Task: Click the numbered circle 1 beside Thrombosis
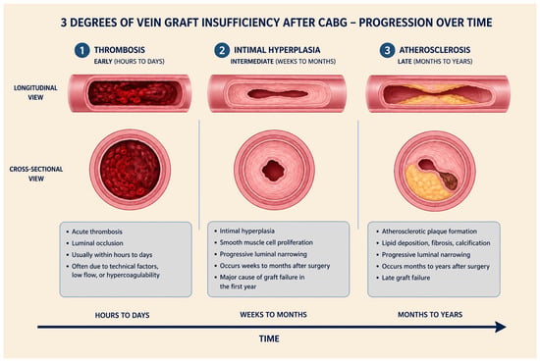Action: point(81,50)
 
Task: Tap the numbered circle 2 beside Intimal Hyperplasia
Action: point(222,50)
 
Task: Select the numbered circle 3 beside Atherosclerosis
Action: point(387,50)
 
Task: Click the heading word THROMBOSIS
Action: point(120,50)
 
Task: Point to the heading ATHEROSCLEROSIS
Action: point(435,50)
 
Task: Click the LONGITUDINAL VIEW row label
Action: point(35,92)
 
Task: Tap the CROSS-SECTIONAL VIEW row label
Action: point(36,174)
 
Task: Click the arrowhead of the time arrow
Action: point(501,327)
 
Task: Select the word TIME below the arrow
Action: point(269,338)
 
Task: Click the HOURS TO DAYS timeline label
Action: point(123,315)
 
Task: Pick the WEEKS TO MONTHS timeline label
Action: point(274,315)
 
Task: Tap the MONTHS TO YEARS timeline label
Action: point(430,315)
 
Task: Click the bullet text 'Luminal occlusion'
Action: point(97,243)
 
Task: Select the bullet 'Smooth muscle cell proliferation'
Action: point(266,242)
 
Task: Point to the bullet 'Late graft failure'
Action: point(405,278)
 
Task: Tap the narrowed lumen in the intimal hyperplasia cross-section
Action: point(274,171)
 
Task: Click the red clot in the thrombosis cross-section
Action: point(131,170)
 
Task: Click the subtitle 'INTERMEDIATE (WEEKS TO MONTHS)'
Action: point(283,62)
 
